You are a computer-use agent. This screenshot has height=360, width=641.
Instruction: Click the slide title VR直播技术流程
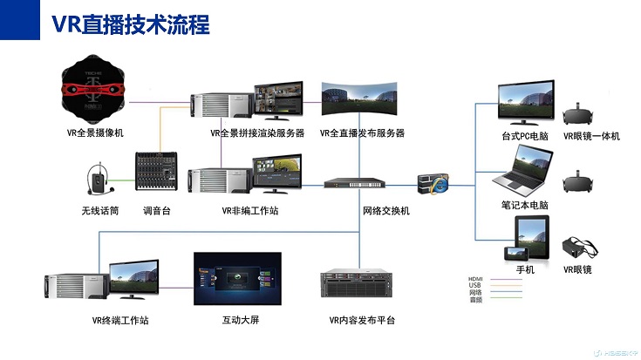tap(131, 24)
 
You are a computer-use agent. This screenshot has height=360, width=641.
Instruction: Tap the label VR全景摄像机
tap(96, 133)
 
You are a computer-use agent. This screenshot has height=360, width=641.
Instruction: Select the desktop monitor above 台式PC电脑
tap(523, 104)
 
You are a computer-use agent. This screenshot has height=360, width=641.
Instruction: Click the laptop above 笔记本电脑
tap(525, 171)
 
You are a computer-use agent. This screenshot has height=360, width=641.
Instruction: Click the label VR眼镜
tap(577, 270)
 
